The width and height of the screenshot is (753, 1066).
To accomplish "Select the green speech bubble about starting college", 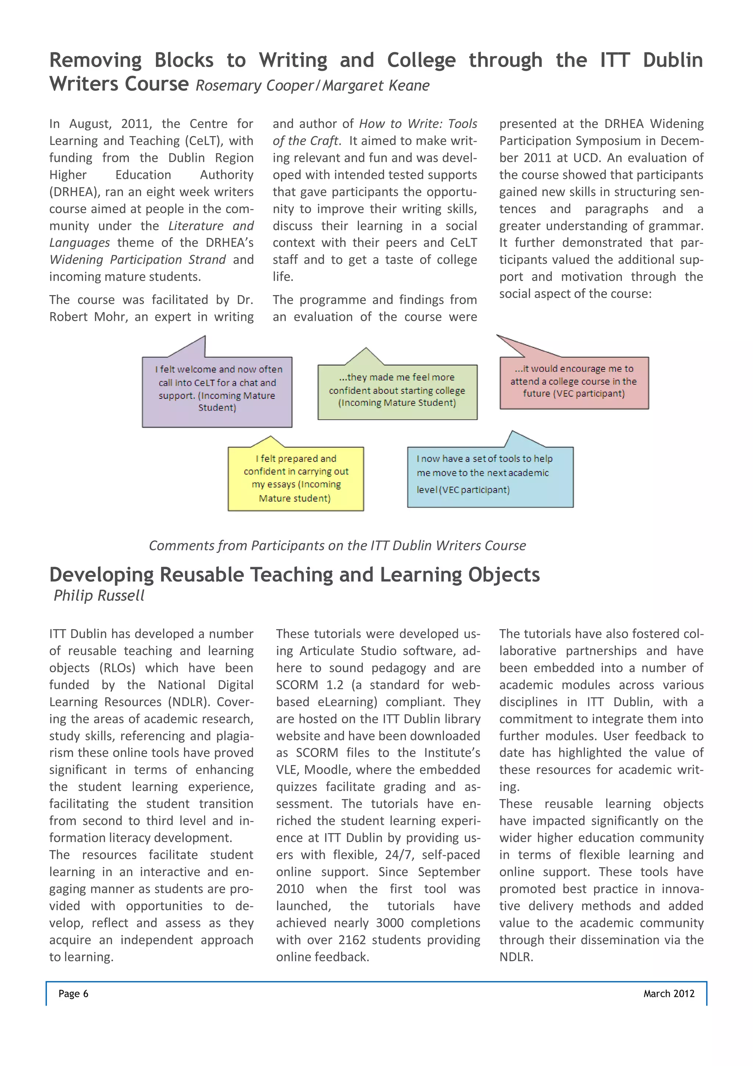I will [x=397, y=392].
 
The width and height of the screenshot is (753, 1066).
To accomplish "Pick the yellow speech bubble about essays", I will [x=296, y=479].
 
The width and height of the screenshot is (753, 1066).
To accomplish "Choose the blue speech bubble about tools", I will [x=490, y=477].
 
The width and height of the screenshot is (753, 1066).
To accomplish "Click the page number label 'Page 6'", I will [x=73, y=994].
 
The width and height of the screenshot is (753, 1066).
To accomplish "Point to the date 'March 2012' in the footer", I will [x=668, y=994].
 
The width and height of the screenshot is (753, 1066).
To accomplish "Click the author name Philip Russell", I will [x=99, y=596].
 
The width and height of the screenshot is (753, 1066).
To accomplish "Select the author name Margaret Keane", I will [x=376, y=85].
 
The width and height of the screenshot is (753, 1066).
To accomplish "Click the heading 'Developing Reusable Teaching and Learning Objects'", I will [x=294, y=574].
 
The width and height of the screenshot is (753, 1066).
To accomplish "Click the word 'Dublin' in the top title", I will [x=673, y=60].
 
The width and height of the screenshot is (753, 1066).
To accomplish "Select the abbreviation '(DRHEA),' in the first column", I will [x=75, y=192].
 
